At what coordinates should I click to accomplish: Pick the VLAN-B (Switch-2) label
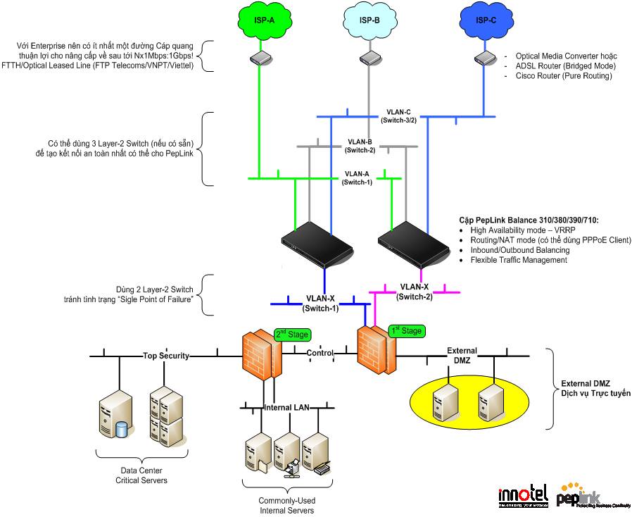[360, 145]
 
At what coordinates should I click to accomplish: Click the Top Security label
[166, 356]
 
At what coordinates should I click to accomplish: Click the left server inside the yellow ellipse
[445, 403]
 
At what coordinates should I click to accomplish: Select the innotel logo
[522, 495]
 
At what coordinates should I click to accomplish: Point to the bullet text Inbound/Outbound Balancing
[519, 250]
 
